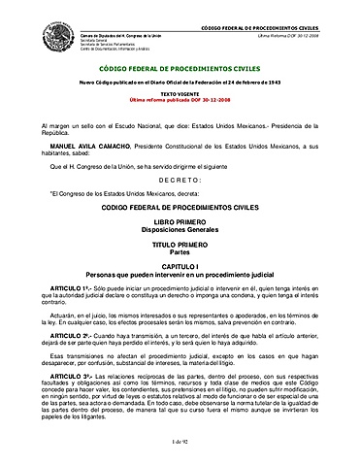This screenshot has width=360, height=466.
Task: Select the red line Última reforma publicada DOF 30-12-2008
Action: (180, 100)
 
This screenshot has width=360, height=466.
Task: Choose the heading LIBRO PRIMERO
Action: (180, 223)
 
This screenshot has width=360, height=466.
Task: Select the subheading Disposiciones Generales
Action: (180, 231)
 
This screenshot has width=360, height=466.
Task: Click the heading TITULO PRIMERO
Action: (180, 247)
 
